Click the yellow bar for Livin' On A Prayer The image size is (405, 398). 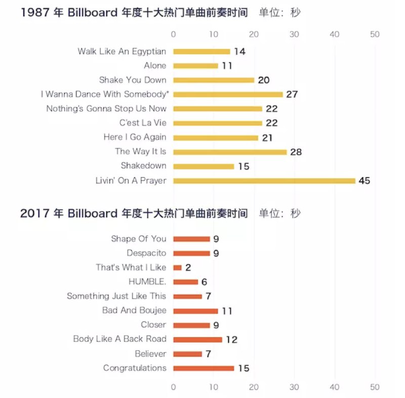point(264,181)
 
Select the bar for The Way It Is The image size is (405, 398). point(230,152)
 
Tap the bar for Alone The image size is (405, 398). point(195,66)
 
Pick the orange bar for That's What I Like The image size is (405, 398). point(177,267)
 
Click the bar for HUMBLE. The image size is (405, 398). point(185,282)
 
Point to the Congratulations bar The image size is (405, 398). point(204,368)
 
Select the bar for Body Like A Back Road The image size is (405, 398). point(197,339)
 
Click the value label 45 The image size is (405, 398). point(364,181)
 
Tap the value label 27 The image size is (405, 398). point(292,94)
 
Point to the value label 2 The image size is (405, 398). point(188,267)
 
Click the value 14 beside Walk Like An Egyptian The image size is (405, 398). point(239,52)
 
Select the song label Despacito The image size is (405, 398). point(146,253)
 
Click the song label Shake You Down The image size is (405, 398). point(133,80)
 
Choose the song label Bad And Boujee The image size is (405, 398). point(134,310)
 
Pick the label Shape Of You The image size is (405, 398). point(139,239)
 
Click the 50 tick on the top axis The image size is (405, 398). point(375,34)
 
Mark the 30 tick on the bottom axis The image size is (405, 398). point(294,387)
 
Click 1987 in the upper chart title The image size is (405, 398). point(34,13)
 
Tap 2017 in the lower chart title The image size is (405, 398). point(34,213)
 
